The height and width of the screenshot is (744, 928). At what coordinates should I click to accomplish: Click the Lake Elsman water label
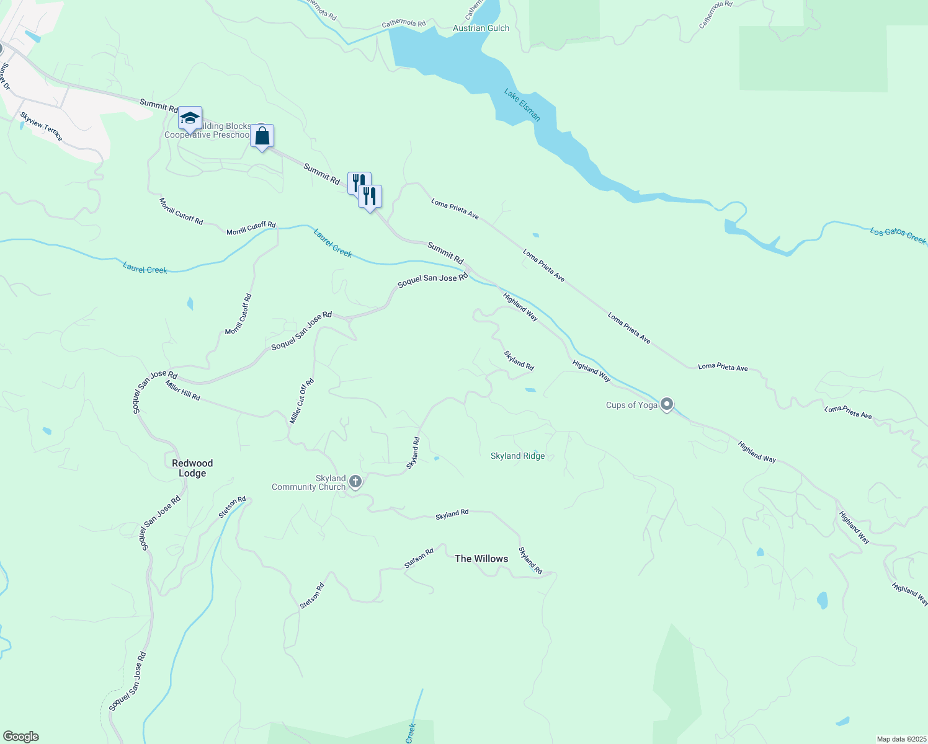pyautogui.click(x=522, y=105)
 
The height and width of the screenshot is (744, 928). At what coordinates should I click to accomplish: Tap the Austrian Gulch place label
pyautogui.click(x=481, y=28)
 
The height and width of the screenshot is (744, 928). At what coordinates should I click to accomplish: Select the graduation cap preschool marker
pyautogui.click(x=190, y=118)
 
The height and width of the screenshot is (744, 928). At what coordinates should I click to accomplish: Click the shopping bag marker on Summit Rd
pyautogui.click(x=262, y=136)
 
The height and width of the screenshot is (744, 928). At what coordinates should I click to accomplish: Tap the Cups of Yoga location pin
pyautogui.click(x=667, y=404)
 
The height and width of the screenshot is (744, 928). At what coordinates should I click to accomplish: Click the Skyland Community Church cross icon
pyautogui.click(x=355, y=482)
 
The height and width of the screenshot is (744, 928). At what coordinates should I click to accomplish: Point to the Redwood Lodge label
pyautogui.click(x=192, y=468)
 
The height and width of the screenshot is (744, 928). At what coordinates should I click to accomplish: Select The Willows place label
pyautogui.click(x=481, y=559)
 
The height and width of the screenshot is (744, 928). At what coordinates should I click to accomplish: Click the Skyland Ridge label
pyautogui.click(x=517, y=456)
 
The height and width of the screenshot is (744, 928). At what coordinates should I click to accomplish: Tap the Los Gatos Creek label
pyautogui.click(x=898, y=236)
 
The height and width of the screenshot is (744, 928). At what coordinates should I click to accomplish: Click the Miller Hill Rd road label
pyautogui.click(x=183, y=391)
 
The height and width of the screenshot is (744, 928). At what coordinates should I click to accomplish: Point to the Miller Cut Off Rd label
pyautogui.click(x=302, y=401)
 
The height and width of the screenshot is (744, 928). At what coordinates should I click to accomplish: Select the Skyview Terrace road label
pyautogui.click(x=42, y=126)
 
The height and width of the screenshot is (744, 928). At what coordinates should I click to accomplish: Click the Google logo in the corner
pyautogui.click(x=20, y=737)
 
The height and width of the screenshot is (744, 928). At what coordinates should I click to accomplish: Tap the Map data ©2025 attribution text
pyautogui.click(x=901, y=739)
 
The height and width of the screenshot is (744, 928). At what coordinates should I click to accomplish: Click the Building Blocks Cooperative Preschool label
pyautogui.click(x=208, y=131)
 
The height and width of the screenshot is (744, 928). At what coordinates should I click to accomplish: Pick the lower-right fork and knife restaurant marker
pyautogui.click(x=370, y=197)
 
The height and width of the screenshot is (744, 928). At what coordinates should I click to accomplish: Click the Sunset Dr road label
pyautogui.click(x=5, y=76)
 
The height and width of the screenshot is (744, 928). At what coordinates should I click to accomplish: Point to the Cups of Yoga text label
pyautogui.click(x=631, y=405)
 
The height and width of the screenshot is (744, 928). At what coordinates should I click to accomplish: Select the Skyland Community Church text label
pyautogui.click(x=308, y=482)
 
